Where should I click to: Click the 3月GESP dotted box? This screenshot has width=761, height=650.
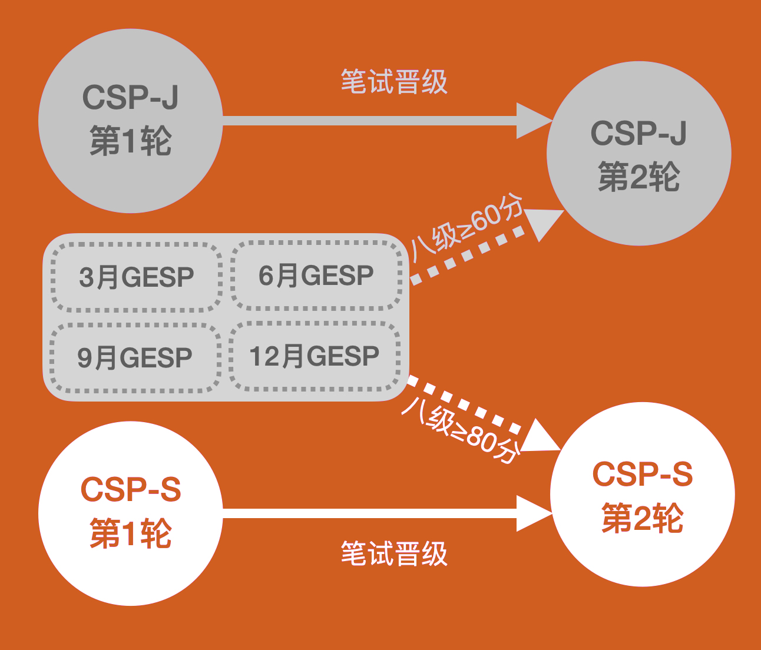(136, 277)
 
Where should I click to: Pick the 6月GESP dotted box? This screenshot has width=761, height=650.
(316, 276)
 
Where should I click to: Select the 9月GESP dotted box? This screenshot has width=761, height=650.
(135, 357)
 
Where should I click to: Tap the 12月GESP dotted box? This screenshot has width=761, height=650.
(315, 356)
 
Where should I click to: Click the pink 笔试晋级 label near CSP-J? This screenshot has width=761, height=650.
(394, 82)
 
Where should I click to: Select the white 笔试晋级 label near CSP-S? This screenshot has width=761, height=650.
(394, 553)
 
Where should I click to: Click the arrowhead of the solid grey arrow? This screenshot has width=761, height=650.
(533, 121)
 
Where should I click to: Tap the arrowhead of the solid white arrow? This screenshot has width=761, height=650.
(533, 513)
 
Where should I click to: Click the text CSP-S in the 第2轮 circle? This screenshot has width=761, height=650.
(642, 475)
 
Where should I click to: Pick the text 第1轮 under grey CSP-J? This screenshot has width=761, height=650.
(130, 142)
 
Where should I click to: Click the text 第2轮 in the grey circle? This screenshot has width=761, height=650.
(639, 177)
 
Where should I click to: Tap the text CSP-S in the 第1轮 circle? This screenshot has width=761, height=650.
(130, 489)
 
